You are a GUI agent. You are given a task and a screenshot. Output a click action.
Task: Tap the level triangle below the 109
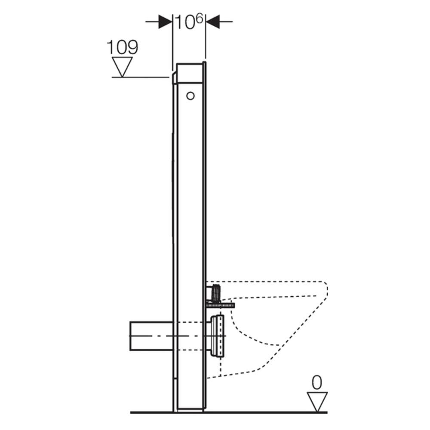coord(122,66)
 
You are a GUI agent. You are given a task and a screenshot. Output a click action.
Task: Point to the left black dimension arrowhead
coord(165,21)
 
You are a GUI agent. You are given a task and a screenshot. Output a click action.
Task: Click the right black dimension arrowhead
coord(213,21)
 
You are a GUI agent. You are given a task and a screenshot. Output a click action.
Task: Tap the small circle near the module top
coord(191,96)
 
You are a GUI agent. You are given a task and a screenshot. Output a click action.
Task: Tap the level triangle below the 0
coord(317,401)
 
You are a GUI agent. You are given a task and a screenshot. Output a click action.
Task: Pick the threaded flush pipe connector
coord(216,293)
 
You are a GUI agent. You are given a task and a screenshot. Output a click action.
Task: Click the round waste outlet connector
coord(218,336)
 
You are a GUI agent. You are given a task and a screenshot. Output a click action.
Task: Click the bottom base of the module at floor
coord(190,409)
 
